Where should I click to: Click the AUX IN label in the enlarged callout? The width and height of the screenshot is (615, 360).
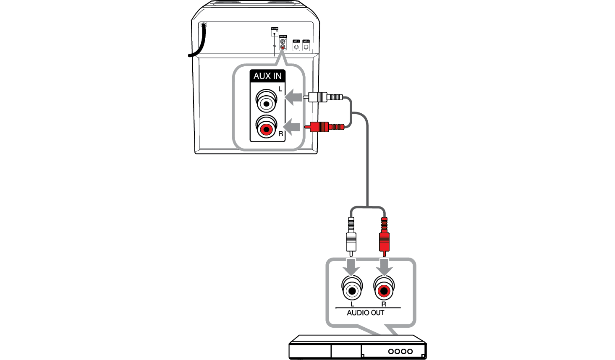pyautogui.click(x=267, y=76)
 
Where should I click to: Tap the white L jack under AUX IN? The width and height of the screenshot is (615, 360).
pyautogui.click(x=266, y=103)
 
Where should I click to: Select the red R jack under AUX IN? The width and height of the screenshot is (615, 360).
pyautogui.click(x=266, y=128)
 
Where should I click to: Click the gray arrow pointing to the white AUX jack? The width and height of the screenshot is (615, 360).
pyautogui.click(x=294, y=98)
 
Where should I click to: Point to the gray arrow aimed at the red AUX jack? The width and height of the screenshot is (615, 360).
pyautogui.click(x=293, y=126)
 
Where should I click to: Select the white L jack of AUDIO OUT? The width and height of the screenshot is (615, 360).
pyautogui.click(x=352, y=290)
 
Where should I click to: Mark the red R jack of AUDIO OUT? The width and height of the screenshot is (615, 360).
pyautogui.click(x=384, y=290)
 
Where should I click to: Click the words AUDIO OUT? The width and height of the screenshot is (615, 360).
pyautogui.click(x=365, y=313)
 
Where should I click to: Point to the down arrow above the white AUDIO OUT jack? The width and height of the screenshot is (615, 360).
pyautogui.click(x=351, y=266)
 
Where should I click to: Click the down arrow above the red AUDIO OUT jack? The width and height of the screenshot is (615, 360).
pyautogui.click(x=384, y=266)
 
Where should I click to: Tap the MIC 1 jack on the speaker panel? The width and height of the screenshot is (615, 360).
pyautogui.click(x=296, y=47)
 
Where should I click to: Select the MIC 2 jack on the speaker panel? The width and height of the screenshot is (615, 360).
pyautogui.click(x=306, y=47)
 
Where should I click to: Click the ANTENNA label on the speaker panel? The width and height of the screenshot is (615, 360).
pyautogui.click(x=275, y=29)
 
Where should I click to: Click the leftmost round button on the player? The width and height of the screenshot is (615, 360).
pyautogui.click(x=391, y=351)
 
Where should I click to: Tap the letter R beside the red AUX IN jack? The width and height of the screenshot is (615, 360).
pyautogui.click(x=281, y=134)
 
